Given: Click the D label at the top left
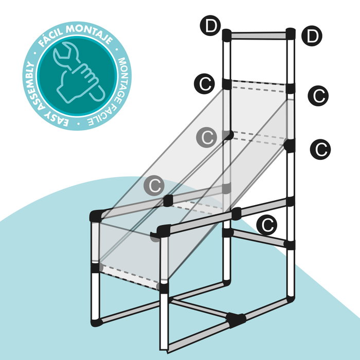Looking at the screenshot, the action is [x=210, y=26].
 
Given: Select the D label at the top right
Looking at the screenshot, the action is [x=312, y=36].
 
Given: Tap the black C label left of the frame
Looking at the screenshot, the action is [x=204, y=83].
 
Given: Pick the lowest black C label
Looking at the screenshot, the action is [x=266, y=225].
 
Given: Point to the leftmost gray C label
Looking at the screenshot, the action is [x=154, y=186].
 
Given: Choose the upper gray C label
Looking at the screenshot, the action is [x=206, y=137].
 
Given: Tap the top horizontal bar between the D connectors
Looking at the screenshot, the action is [x=258, y=35].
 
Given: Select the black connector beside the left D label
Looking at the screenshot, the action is [x=227, y=35].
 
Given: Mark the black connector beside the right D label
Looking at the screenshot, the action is [x=291, y=34].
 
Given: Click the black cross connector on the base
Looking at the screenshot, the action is [x=236, y=320].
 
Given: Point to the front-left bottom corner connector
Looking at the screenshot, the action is [x=97, y=322].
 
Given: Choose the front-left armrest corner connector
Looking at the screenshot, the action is [x=96, y=216].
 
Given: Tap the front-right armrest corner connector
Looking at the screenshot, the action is [x=163, y=231].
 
